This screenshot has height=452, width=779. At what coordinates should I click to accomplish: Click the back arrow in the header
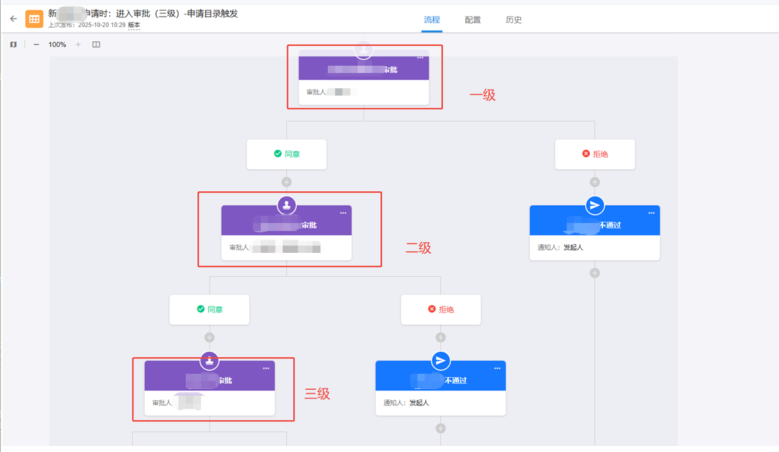13,19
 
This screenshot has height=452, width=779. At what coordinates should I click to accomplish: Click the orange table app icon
34,19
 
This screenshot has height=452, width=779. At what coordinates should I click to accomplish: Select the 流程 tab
432,20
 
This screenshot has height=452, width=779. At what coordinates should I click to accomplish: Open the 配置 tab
473,20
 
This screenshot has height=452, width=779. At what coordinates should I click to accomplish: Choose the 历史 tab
514,20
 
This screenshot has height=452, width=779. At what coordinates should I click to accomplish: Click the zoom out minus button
36,44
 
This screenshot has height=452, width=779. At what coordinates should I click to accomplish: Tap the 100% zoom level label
57,44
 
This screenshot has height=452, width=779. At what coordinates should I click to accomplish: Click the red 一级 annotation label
482,95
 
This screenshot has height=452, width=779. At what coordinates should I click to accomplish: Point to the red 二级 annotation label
418,248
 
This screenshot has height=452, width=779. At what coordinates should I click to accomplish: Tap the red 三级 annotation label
317,394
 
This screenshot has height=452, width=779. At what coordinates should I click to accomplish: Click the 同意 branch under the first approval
287,154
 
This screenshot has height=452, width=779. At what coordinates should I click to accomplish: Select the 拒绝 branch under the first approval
595,154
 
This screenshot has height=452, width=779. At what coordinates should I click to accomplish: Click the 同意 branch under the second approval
209,309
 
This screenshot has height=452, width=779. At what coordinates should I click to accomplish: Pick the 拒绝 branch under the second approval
441,309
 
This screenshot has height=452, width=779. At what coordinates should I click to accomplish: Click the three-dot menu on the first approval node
420,58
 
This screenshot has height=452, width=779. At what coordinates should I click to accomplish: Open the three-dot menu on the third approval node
266,368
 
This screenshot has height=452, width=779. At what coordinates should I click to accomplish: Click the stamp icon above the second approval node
287,205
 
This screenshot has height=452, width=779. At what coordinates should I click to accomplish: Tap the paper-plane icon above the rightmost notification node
595,205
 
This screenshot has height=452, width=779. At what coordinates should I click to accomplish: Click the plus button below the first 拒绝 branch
595,182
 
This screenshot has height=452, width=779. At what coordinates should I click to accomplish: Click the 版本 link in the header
134,25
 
